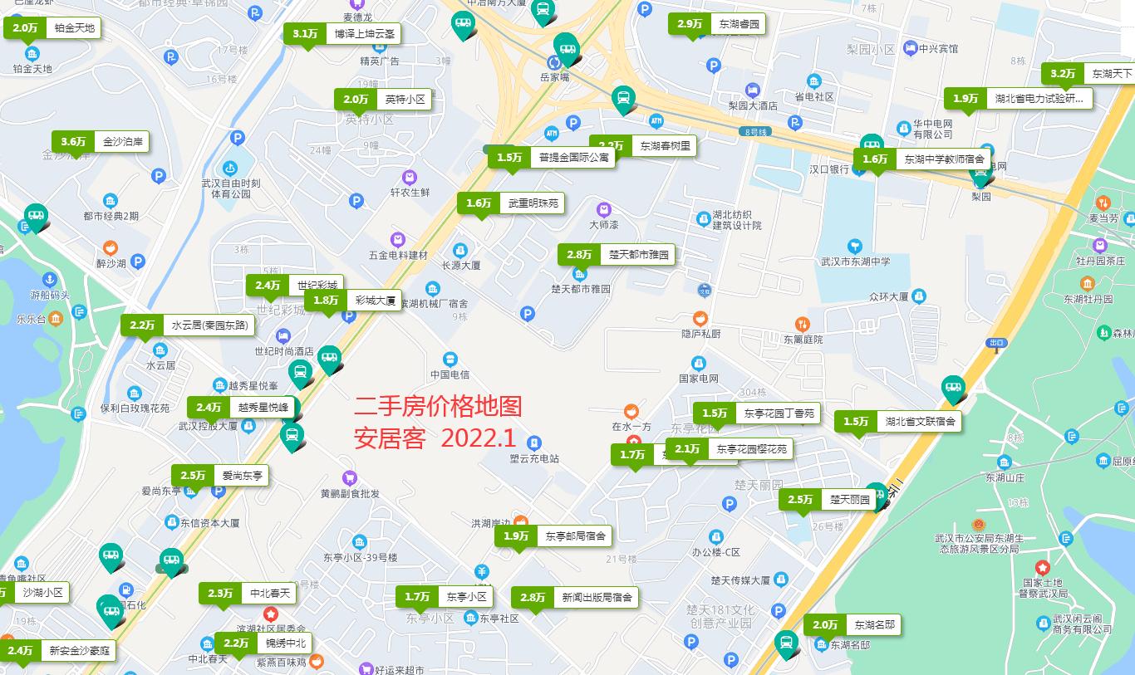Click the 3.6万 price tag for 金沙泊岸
(101, 142)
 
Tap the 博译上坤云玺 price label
(343, 34)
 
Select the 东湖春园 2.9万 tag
(716, 24)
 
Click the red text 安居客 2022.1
(435, 438)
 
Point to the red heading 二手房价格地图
(438, 406)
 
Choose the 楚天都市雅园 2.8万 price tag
(616, 255)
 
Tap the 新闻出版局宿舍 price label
(575, 597)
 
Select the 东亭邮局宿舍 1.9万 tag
(553, 536)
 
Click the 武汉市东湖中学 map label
(855, 262)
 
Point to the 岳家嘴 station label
(555, 77)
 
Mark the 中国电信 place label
(450, 374)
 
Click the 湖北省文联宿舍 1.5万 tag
(898, 422)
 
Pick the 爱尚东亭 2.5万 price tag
(220, 476)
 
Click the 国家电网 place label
(698, 379)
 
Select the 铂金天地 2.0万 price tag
(53, 28)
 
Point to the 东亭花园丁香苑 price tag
(757, 413)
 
